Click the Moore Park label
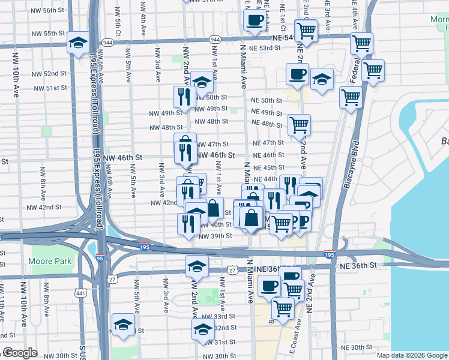[x=50, y=261]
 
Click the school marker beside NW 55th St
[x=78, y=42]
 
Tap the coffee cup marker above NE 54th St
[x=254, y=20]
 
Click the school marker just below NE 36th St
[x=197, y=265]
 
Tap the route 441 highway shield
[x=80, y=293]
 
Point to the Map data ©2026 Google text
[x=412, y=355]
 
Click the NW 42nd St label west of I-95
[x=48, y=207]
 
